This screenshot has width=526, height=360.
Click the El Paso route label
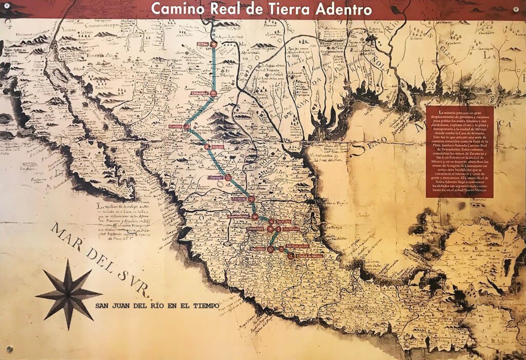pos(203,44)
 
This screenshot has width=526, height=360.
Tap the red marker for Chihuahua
pos(215,93)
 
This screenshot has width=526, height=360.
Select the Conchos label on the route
pos(176,125)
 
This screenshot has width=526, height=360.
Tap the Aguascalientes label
pos(239,217)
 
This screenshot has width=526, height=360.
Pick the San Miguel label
pos(291,229)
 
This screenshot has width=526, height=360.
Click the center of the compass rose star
pos(68,294)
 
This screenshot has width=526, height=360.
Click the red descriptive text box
pos(460,151)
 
